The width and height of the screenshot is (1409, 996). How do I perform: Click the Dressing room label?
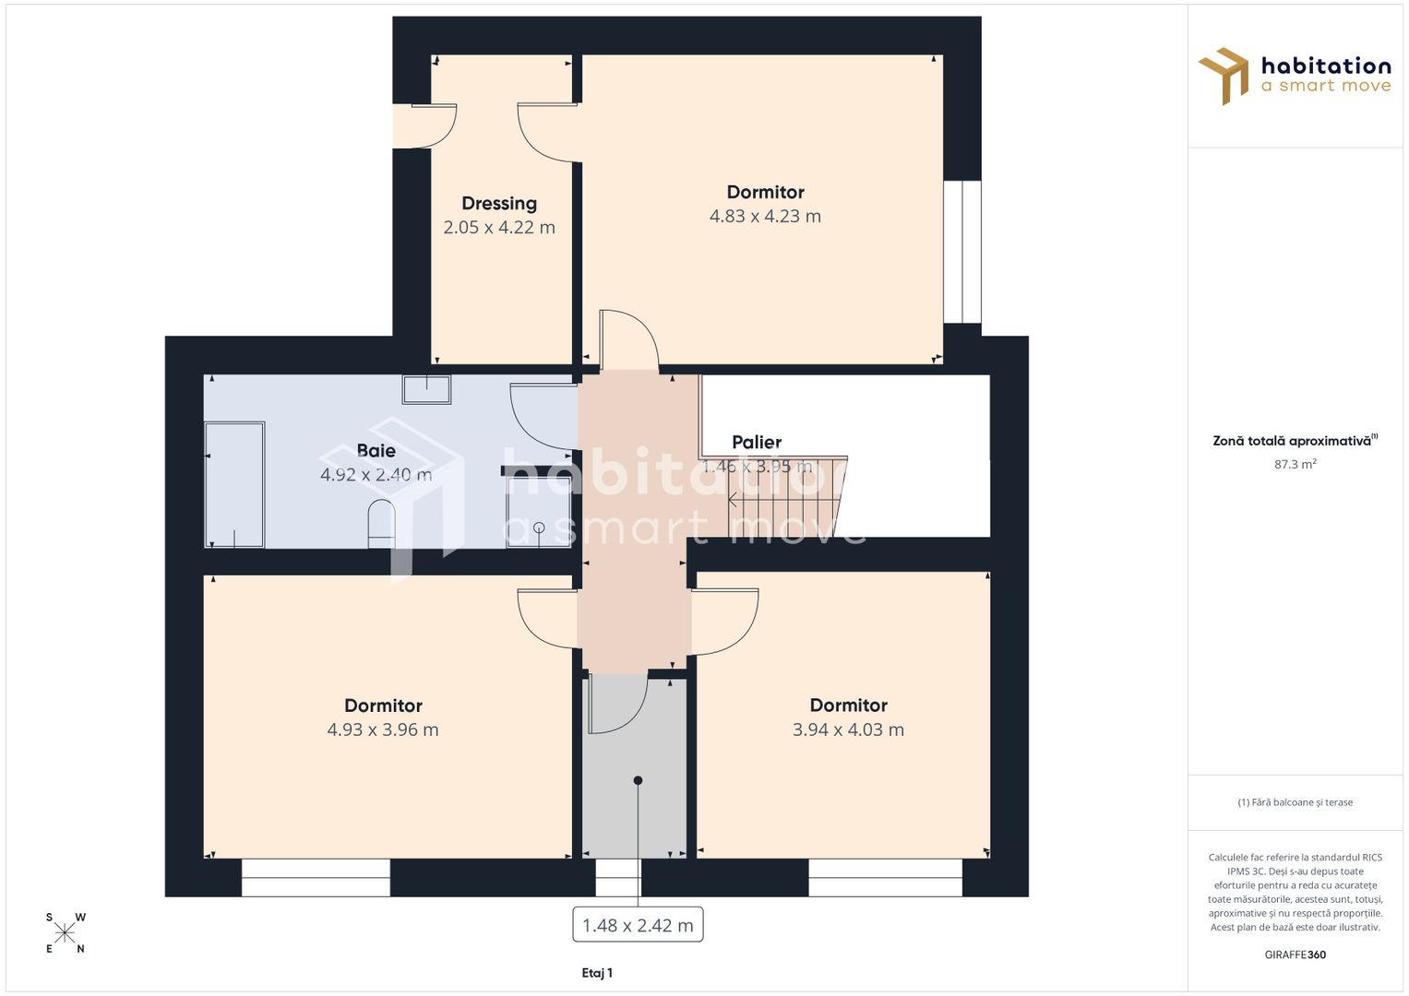click(x=499, y=204)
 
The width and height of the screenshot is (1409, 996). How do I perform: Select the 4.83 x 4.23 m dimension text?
click(x=765, y=217)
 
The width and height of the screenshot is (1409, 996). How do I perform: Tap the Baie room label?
click(x=376, y=451)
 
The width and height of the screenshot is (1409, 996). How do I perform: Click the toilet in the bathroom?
click(x=381, y=525)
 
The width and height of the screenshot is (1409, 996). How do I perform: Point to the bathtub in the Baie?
click(x=234, y=485)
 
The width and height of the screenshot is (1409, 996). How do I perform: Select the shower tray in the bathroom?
click(x=538, y=513)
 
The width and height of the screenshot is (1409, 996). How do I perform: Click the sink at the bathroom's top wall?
click(x=426, y=389)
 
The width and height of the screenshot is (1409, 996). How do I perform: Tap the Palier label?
click(x=757, y=443)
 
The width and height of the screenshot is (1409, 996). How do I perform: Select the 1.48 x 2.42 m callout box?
click(x=638, y=925)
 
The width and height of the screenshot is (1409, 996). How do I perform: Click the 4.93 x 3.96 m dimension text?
click(x=383, y=730)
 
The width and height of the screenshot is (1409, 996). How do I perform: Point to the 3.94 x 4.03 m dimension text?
click(x=848, y=730)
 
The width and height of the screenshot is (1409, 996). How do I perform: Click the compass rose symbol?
click(x=66, y=932)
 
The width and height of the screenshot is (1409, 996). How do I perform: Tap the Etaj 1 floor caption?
click(x=597, y=973)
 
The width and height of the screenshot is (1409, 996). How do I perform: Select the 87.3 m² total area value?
click(x=1295, y=465)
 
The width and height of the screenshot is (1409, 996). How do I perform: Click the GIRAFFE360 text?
click(x=1295, y=954)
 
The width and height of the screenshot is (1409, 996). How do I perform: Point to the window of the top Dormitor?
click(x=961, y=252)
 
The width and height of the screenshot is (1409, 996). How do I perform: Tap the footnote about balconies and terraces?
click(x=1295, y=802)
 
